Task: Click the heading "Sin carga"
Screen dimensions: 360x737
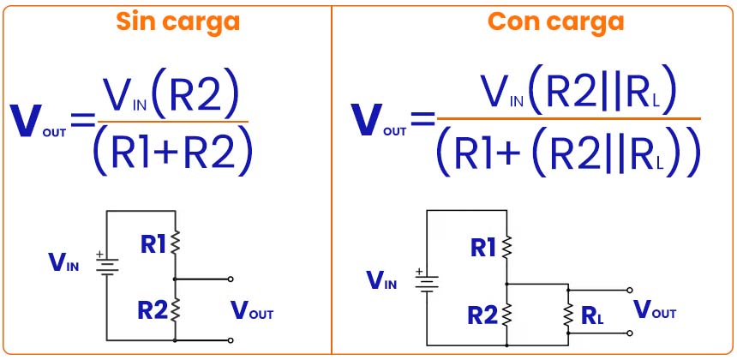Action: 177,21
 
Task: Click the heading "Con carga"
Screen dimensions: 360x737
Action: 556,21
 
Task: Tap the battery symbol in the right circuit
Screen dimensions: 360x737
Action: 427,282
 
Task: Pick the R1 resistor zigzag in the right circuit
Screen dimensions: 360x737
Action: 506,248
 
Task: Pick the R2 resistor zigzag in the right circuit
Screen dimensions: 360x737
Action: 506,314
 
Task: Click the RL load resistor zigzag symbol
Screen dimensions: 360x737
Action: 567,314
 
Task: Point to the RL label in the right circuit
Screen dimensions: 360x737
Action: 592,315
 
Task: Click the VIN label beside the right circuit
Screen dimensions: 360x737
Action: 381,280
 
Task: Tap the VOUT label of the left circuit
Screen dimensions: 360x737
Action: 252,311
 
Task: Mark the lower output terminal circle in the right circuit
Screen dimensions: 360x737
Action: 630,333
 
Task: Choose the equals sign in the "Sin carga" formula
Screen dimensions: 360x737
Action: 83,121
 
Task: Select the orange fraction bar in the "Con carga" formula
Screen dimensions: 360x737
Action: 568,118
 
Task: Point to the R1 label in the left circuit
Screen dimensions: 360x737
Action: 154,244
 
